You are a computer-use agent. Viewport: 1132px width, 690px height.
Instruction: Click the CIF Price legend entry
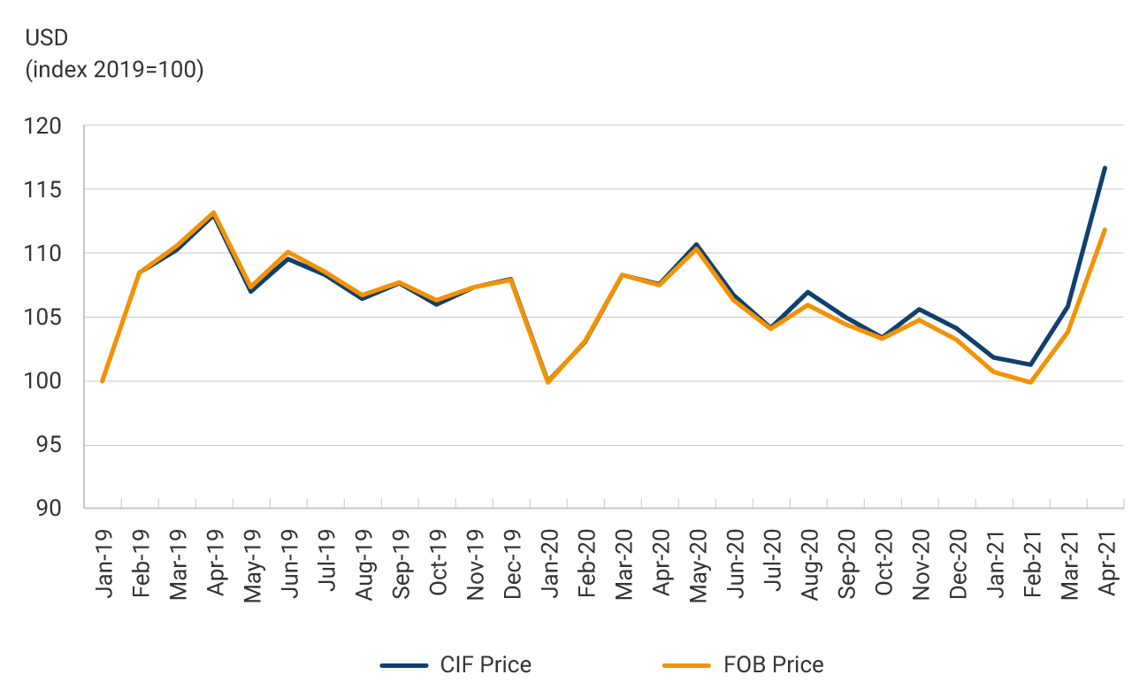pyautogui.click(x=455, y=664)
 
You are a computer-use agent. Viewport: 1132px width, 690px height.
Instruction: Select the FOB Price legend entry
pyautogui.click(x=743, y=664)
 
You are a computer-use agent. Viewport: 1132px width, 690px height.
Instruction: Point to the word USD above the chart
pyautogui.click(x=47, y=38)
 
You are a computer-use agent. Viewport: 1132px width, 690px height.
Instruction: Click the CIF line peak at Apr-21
pyautogui.click(x=1105, y=167)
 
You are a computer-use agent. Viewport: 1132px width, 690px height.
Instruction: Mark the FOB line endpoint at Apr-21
pyautogui.click(x=1105, y=229)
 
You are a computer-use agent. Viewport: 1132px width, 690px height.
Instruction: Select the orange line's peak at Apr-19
pyautogui.click(x=214, y=212)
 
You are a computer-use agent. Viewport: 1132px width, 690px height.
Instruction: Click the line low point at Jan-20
pyautogui.click(x=548, y=382)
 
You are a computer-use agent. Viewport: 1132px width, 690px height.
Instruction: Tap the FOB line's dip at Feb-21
pyautogui.click(x=1030, y=382)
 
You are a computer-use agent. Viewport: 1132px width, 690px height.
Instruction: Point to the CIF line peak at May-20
pyautogui.click(x=697, y=244)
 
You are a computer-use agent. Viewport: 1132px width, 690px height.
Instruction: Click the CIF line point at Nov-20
pyautogui.click(x=920, y=309)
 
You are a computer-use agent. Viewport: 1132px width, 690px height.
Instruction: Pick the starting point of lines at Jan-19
pyautogui.click(x=103, y=381)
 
